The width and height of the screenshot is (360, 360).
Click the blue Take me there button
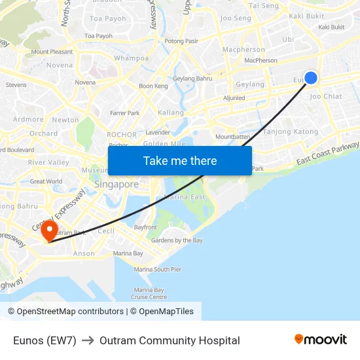tap(180, 160)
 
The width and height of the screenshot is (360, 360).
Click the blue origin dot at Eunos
tap(311, 78)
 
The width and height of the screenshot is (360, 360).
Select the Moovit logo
tap(320, 339)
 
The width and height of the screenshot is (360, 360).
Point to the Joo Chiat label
tap(325, 96)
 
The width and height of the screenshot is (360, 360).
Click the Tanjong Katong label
tap(290, 132)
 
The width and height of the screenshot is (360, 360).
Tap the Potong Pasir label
tap(181, 41)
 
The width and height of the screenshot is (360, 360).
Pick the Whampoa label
tap(131, 58)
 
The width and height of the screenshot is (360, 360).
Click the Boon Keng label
tap(153, 86)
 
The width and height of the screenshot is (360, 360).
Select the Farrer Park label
tap(124, 113)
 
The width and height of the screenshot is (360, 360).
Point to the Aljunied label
tap(234, 98)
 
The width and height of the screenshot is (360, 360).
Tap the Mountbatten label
tap(233, 137)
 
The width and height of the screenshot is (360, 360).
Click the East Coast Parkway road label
tap(328, 153)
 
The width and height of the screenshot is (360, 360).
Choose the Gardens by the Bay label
tap(177, 240)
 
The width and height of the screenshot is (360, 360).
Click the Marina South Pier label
tap(158, 269)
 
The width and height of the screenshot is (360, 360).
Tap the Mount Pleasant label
tap(52, 52)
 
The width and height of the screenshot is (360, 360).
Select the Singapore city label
tap(117, 185)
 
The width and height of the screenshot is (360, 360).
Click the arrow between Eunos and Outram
tap(88, 340)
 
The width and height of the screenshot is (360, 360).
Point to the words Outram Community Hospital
tap(170, 340)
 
